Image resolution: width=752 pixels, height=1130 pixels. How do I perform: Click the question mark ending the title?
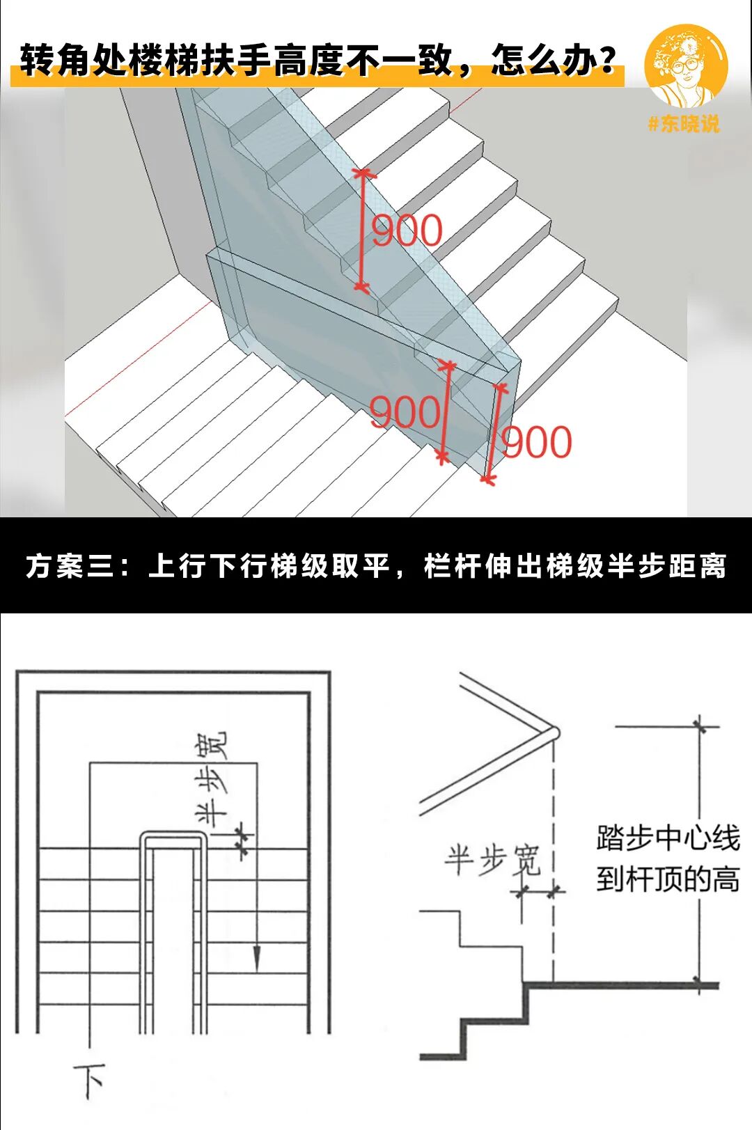point(608,61)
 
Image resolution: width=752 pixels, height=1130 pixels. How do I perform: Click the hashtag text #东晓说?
point(683,124)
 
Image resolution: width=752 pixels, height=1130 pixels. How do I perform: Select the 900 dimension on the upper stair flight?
point(407,230)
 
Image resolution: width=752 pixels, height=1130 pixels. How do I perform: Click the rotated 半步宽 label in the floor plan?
point(212,776)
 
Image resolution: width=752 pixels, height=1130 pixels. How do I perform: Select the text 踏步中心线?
point(667,838)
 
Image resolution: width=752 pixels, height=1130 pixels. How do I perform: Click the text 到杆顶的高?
point(667,879)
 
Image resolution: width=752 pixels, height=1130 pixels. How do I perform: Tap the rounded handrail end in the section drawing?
point(553,733)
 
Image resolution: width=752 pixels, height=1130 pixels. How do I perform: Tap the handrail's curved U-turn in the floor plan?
point(173,837)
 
